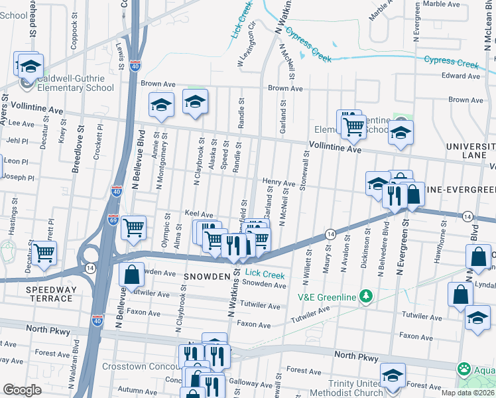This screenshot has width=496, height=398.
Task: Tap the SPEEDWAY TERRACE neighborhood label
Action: click(x=49, y=295)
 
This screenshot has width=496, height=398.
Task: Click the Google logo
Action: click(x=22, y=390)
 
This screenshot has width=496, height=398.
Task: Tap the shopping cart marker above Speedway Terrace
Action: click(x=44, y=253)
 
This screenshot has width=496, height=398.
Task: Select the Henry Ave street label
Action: click(x=279, y=182)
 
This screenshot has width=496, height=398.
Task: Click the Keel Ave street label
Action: click(x=199, y=215)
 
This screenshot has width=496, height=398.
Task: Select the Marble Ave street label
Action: click(x=441, y=4)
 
